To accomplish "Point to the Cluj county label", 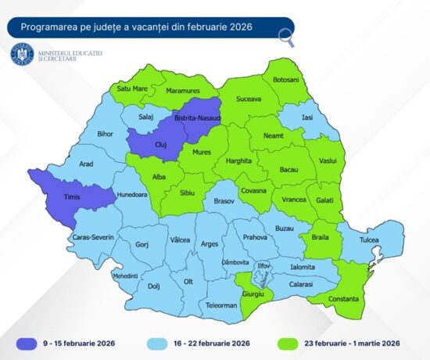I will click(156, 145).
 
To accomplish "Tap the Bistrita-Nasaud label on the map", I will click(199, 117).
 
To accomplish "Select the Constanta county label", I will click(341, 298).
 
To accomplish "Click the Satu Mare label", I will click(133, 89).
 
